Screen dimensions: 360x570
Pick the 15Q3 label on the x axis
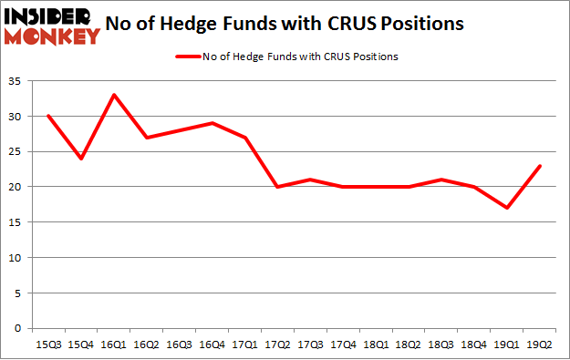click(47, 344)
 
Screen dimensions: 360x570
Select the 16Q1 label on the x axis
click(112, 344)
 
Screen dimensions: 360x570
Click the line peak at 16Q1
click(112, 95)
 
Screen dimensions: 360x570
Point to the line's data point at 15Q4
click(80, 159)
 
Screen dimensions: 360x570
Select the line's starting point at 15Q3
click(47, 116)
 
